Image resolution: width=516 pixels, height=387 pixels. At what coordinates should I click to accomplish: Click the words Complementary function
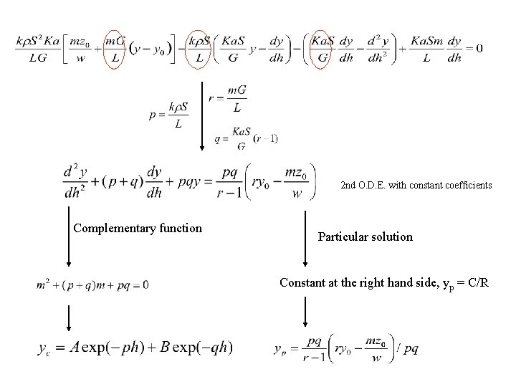pyautogui.click(x=138, y=229)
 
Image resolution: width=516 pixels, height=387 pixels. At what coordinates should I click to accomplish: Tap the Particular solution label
pyautogui.click(x=365, y=236)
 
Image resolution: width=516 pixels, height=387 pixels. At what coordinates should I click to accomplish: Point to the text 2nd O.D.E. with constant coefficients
pyautogui.click(x=416, y=185)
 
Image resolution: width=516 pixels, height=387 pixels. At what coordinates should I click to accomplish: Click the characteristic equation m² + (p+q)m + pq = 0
pyautogui.click(x=92, y=285)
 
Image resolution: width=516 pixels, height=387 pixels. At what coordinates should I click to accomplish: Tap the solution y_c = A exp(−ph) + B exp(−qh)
pyautogui.click(x=135, y=348)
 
